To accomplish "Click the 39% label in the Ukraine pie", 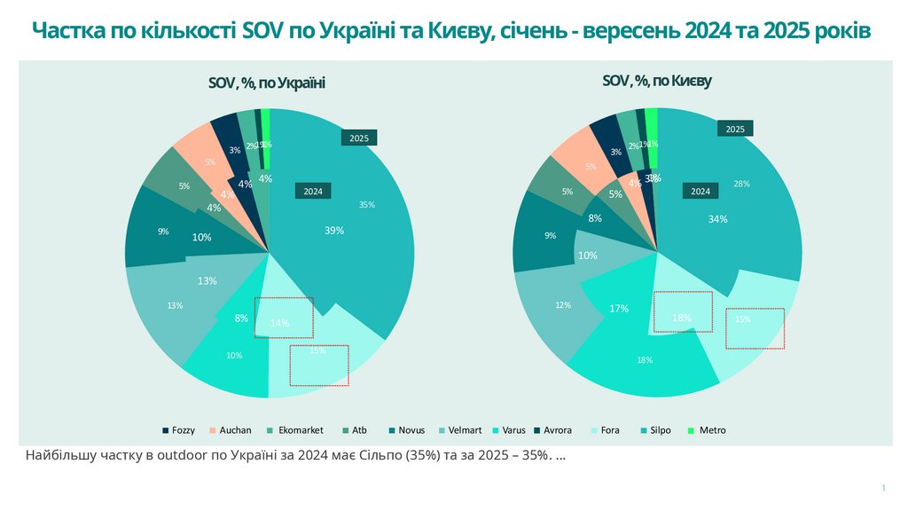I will coord(334,230).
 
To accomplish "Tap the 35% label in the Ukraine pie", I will coord(366,205).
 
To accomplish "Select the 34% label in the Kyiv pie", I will coord(717,218).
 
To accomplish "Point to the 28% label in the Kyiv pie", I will coord(742,185).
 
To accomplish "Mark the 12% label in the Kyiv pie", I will coord(563,305).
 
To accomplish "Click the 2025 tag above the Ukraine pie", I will coord(359,138).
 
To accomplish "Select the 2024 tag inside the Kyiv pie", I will coord(701,192).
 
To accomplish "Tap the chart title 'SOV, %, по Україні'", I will coord(266,83).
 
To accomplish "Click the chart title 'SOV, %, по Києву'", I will coord(656,81).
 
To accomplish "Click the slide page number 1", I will coord(883,489).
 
